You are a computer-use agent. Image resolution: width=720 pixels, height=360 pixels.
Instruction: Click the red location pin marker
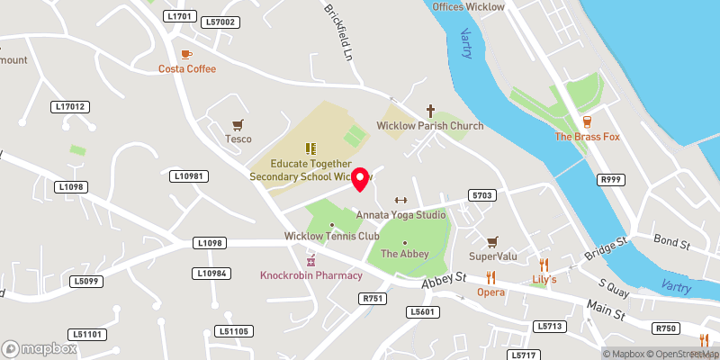click(x=361, y=178)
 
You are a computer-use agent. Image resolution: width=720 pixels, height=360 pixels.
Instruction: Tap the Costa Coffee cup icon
click(x=186, y=54)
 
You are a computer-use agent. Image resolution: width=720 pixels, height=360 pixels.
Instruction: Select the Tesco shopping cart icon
click(x=238, y=124)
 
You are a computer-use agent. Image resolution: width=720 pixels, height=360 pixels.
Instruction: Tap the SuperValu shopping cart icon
click(x=491, y=242)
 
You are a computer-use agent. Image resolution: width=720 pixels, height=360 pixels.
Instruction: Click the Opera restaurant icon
click(x=490, y=277)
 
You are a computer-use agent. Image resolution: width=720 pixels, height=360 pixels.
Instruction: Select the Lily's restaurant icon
click(x=543, y=265)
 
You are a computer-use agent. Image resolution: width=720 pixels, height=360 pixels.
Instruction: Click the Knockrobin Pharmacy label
click(x=311, y=274)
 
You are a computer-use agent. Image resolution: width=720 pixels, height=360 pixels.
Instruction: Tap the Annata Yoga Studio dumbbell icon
click(x=400, y=201)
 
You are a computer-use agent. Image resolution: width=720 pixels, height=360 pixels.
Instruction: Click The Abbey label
click(x=404, y=255)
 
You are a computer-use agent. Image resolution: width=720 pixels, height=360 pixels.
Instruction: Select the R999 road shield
click(x=611, y=180)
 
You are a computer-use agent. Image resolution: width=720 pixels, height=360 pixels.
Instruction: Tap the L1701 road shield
click(x=180, y=15)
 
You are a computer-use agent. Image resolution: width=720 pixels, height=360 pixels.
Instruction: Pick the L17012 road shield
click(x=70, y=106)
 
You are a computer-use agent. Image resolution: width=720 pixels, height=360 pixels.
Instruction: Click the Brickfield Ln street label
click(x=338, y=34)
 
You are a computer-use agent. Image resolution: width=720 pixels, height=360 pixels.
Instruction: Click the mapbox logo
click(x=38, y=347)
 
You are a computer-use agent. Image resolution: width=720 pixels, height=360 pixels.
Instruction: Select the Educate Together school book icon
click(x=309, y=148)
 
